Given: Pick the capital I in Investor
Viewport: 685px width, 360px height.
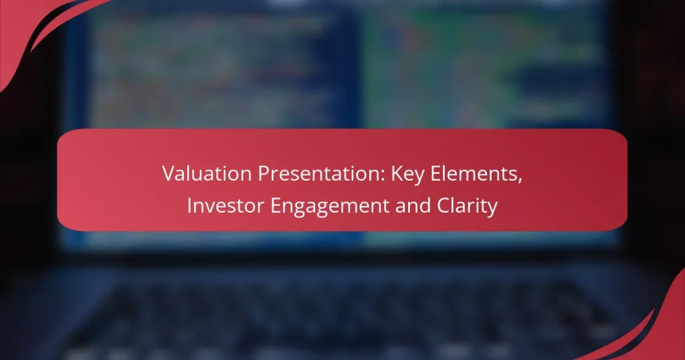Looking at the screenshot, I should point(189,206).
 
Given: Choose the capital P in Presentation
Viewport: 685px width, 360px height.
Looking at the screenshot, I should point(258,176).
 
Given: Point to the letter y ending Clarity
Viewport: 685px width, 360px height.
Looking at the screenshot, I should point(493,208).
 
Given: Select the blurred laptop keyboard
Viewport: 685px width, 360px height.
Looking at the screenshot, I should point(334,308).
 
